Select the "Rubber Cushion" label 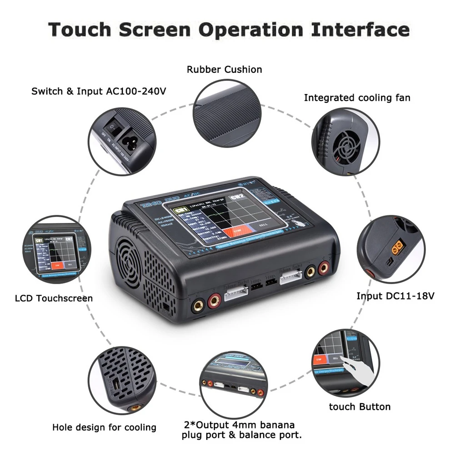click(225, 70)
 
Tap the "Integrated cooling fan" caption click(357, 98)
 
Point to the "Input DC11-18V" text click(395, 296)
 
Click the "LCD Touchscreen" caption click(54, 299)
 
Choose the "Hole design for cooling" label click(104, 427)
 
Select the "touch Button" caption click(360, 407)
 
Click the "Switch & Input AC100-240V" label click(99, 91)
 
